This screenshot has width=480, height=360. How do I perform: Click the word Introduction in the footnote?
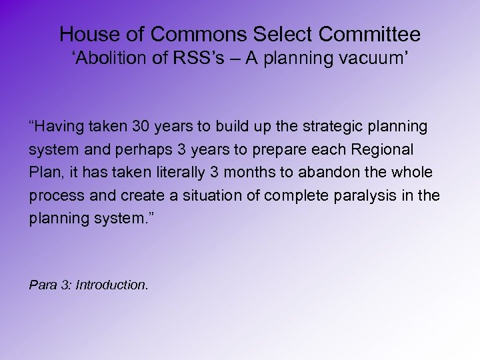(111, 285)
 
